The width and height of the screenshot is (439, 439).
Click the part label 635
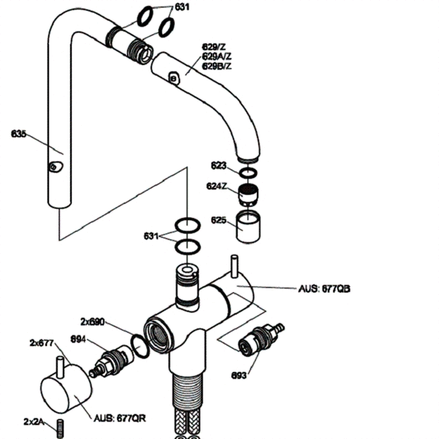(19, 134)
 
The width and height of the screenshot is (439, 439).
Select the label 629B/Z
(216, 66)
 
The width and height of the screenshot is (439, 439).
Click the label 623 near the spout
(219, 165)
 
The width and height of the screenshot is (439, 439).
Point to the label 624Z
(217, 186)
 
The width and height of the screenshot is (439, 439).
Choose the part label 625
(218, 219)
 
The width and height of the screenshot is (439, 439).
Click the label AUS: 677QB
(325, 288)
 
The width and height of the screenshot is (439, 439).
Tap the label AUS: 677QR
(120, 419)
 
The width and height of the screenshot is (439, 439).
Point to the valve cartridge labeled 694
(113, 359)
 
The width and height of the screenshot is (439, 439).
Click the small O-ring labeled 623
(249, 173)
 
